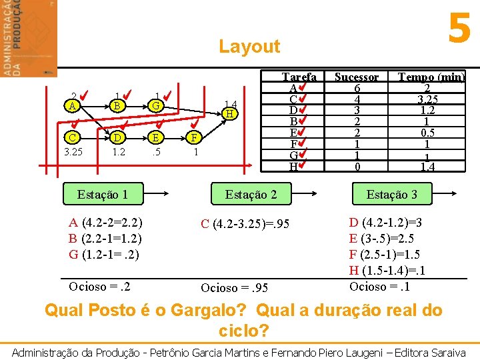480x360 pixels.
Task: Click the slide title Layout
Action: [249, 47]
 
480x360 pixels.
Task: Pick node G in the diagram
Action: [155, 106]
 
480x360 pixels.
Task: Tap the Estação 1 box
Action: [103, 195]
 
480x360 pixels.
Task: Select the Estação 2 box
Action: [251, 195]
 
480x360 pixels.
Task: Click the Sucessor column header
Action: [357, 77]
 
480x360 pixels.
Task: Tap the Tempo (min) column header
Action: [431, 77]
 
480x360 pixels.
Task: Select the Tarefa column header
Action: [299, 77]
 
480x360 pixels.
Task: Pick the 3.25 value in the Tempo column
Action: [431, 100]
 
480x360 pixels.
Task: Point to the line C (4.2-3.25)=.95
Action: [245, 224]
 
